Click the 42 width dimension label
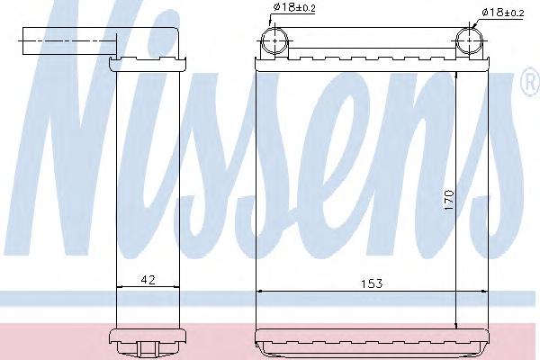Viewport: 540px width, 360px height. click(148, 279)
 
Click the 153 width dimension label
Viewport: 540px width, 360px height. click(372, 283)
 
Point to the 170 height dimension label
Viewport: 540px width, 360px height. click(449, 200)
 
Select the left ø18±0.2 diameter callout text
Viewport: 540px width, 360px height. click(294, 7)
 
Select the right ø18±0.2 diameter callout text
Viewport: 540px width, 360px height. click(503, 13)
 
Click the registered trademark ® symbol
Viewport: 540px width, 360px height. click(531, 82)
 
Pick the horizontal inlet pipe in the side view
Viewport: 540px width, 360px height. click(69, 40)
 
